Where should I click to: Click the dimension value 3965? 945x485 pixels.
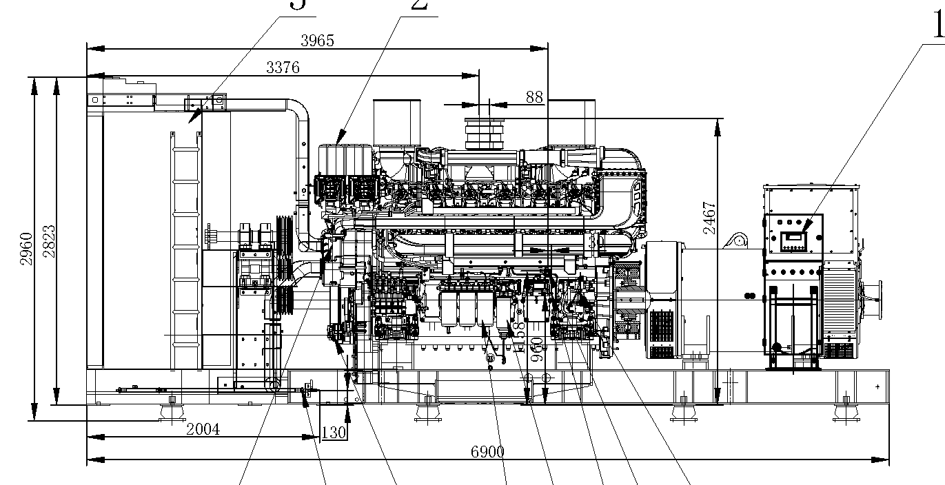[x=317, y=41]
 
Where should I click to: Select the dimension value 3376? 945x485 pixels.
[x=283, y=67]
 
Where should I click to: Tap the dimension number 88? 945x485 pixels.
[x=534, y=97]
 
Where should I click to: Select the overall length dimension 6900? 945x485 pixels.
[x=487, y=452]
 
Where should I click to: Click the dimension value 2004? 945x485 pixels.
[x=203, y=429]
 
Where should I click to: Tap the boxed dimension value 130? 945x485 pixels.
[x=334, y=433]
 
